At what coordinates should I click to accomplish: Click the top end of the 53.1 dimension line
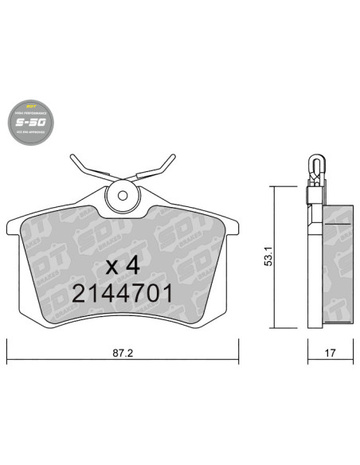point(274,186)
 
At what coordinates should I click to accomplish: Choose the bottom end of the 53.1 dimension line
point(274,327)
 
